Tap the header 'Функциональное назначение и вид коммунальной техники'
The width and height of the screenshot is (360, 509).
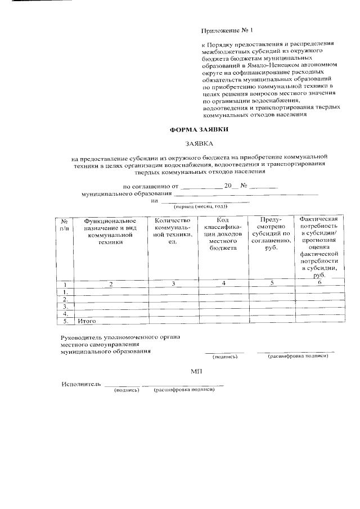tap(110, 231)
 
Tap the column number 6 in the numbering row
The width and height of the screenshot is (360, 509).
tap(319, 283)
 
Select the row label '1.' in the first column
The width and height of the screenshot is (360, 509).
tap(65, 291)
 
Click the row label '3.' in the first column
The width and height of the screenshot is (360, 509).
tap(65, 306)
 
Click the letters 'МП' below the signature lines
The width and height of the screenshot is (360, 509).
tap(196, 372)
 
